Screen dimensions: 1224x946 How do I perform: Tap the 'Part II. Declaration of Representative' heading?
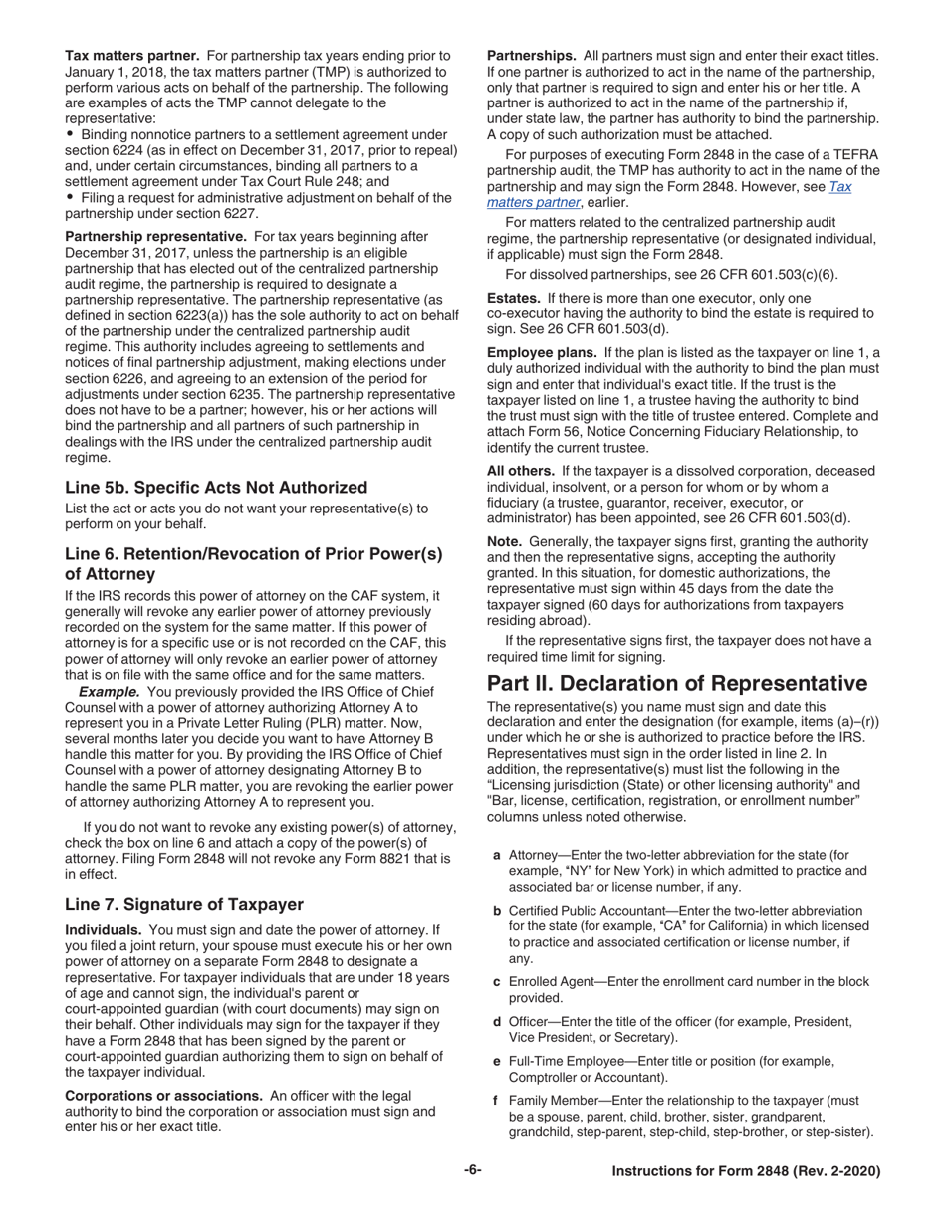(676, 683)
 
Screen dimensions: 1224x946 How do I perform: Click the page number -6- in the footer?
(472, 1171)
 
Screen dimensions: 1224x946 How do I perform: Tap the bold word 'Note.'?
(504, 541)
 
